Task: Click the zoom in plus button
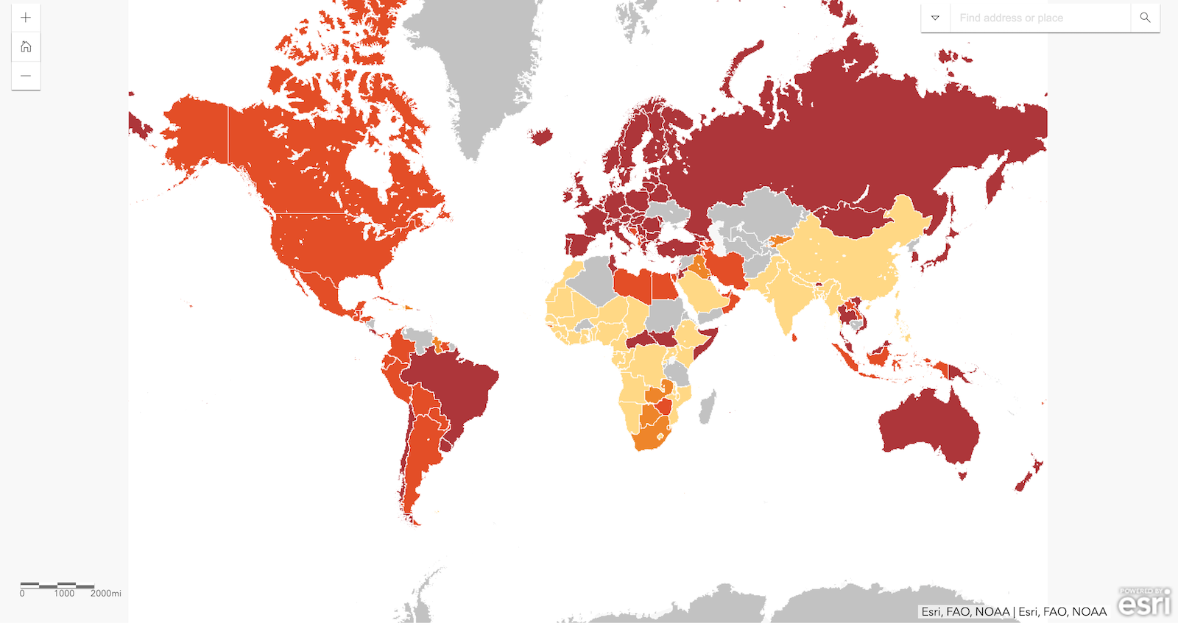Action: point(26,18)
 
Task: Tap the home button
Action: point(26,47)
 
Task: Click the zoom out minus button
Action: point(26,76)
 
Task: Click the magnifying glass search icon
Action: point(1145,18)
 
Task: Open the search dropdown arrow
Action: point(935,18)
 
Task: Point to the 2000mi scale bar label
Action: point(105,593)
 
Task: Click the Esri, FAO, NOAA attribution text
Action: point(1014,611)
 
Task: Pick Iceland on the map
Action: point(541,136)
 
